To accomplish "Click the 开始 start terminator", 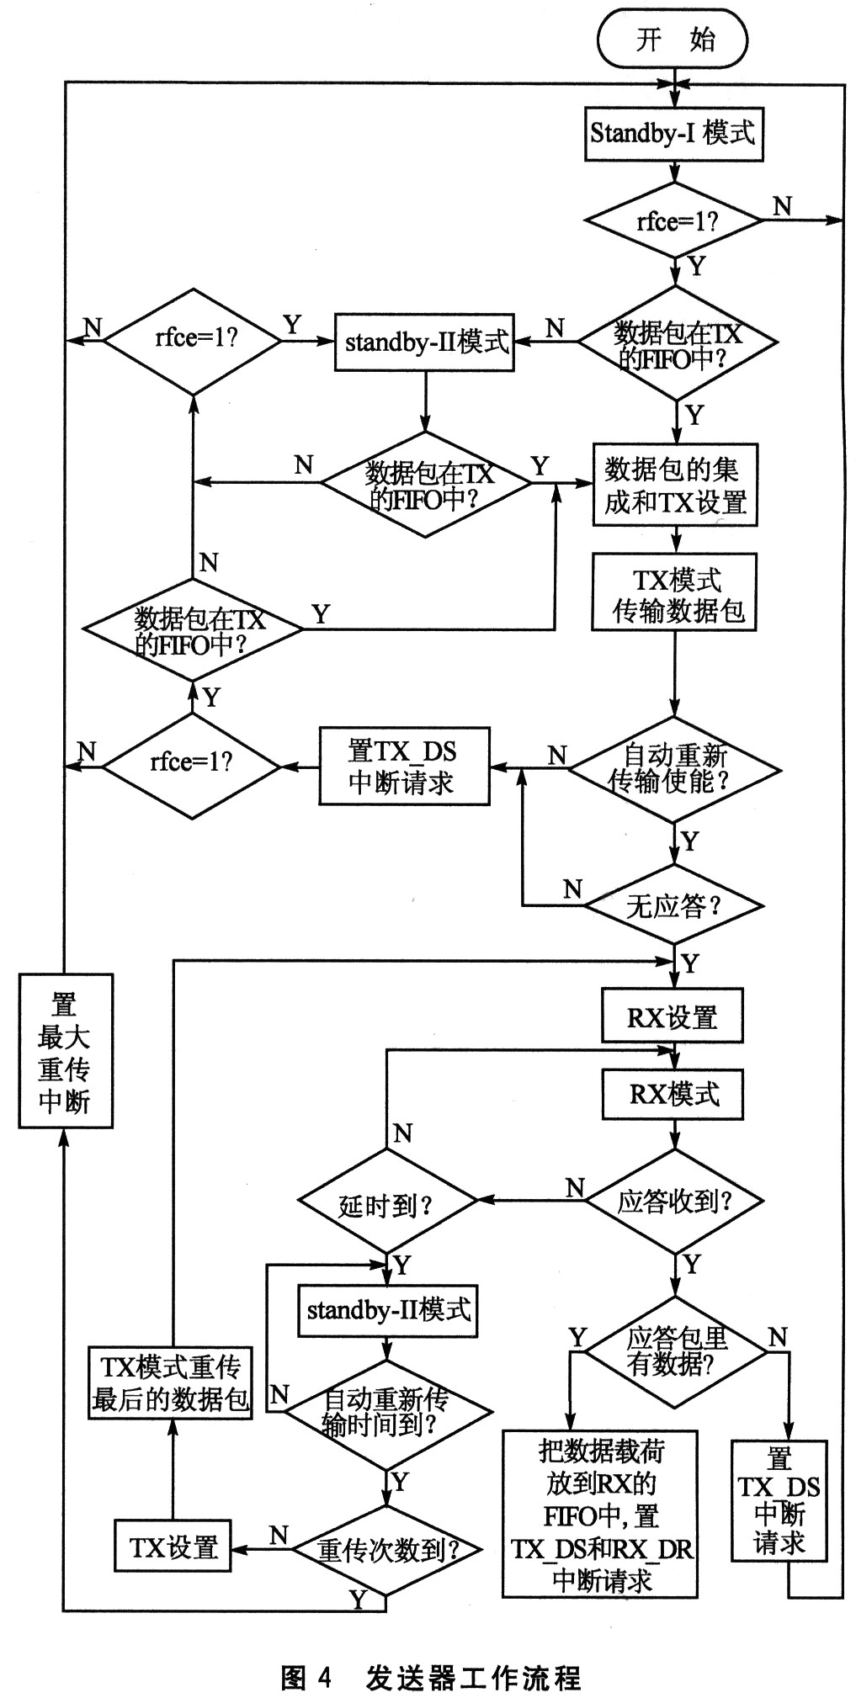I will point(673,40).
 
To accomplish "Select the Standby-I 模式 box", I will point(673,134).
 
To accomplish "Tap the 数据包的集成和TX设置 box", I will point(675,486).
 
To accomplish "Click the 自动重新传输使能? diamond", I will point(675,768).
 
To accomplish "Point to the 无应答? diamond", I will point(674,905).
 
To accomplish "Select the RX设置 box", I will point(673,1016).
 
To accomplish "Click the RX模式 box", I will point(673,1094).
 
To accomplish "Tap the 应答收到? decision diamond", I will point(674,1201).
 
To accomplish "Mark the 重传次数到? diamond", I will point(386,1549).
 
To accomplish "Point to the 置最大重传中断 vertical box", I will point(66,1051).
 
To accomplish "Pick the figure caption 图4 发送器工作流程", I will point(430,1677).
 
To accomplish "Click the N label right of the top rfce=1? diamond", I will point(782,206).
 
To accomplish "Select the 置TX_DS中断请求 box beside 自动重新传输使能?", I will point(404,767).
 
